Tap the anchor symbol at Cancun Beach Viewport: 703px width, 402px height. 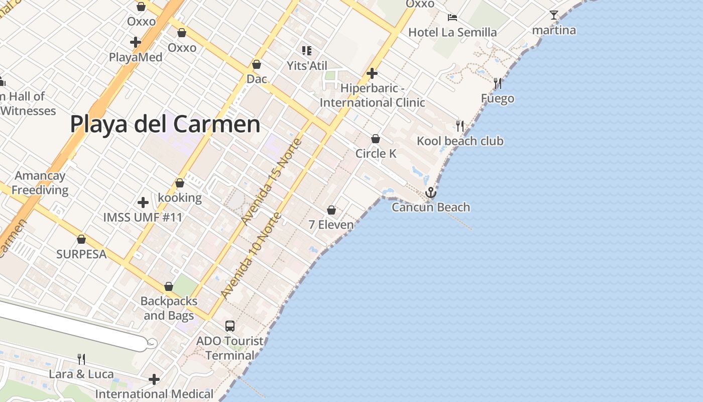pyautogui.click(x=430, y=193)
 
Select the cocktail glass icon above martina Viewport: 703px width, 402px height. pyautogui.click(x=554, y=15)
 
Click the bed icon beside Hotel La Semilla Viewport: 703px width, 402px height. pyautogui.click(x=452, y=18)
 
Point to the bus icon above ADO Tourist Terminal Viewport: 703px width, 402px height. pyautogui.click(x=230, y=326)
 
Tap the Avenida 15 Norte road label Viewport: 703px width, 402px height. pyautogui.click(x=271, y=182)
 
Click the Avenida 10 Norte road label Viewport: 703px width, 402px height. pyautogui.click(x=251, y=256)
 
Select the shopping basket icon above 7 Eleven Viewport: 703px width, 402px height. pyautogui.click(x=331, y=210)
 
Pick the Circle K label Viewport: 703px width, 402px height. pyautogui.click(x=376, y=154)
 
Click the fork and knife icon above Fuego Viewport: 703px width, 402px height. pyautogui.click(x=498, y=83)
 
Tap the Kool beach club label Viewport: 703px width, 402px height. pyautogui.click(x=460, y=141)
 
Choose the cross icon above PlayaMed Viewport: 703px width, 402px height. pyautogui.click(x=135, y=42)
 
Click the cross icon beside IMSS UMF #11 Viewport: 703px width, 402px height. pyautogui.click(x=143, y=203)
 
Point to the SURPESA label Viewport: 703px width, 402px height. pyautogui.click(x=81, y=254)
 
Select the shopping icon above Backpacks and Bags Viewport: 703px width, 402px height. pyautogui.click(x=169, y=286)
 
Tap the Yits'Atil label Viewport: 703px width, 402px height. pyautogui.click(x=306, y=66)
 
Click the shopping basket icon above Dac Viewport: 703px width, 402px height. pyautogui.click(x=257, y=65)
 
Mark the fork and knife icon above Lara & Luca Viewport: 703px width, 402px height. pyautogui.click(x=81, y=359)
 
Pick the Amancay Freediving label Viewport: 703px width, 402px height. pyautogui.click(x=40, y=183)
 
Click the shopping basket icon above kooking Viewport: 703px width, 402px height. pyautogui.click(x=180, y=183)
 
